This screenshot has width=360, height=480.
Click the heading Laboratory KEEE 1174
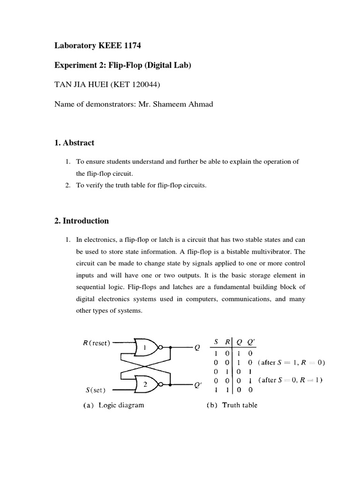(98, 45)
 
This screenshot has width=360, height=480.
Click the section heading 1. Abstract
(75, 142)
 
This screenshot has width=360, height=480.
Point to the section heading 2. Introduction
(82, 221)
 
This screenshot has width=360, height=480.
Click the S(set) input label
(95, 389)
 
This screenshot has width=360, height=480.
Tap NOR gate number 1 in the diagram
(145, 347)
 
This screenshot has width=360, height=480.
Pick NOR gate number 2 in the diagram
(145, 384)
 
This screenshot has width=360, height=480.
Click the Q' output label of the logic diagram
(198, 385)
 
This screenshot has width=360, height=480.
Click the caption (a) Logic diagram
(111, 405)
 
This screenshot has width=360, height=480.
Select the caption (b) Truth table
(232, 405)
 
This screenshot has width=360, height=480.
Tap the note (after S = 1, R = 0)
(291, 362)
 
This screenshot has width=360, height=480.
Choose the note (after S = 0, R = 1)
(291, 380)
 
